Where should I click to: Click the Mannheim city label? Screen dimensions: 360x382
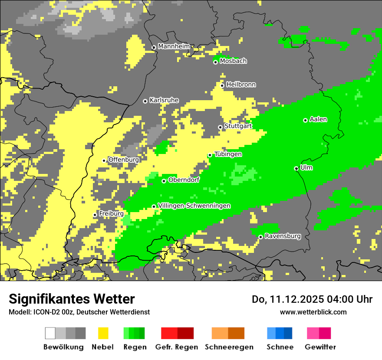(174, 46)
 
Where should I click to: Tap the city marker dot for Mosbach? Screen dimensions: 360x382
(215, 62)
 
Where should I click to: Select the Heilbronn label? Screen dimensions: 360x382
(241, 85)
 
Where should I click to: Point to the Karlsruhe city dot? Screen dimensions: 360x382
(145, 101)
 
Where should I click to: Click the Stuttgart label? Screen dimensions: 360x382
(238, 126)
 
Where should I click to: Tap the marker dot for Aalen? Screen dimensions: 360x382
(305, 120)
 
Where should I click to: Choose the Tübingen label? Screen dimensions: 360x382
(228, 154)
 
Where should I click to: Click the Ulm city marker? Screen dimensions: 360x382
(296, 168)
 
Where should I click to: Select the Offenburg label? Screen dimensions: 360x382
(123, 160)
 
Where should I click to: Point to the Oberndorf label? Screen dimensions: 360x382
(184, 180)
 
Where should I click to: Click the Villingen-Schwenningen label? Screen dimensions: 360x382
(194, 206)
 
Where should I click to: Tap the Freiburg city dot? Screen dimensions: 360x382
(95, 215)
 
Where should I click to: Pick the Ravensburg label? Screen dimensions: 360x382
(283, 236)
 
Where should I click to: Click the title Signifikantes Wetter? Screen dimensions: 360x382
(72, 299)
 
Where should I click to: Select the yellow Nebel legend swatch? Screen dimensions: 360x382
(103, 333)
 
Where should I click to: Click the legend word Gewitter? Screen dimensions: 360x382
(320, 347)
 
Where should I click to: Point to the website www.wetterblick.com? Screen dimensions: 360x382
(313, 312)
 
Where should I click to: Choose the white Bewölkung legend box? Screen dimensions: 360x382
(50, 333)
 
